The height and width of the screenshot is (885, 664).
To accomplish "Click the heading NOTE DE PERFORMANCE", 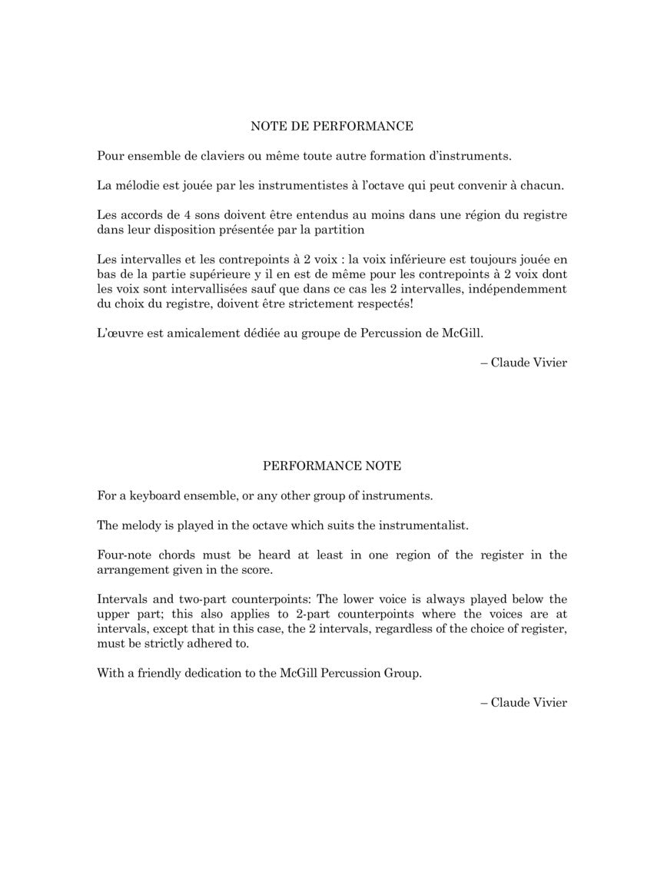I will click(x=332, y=126).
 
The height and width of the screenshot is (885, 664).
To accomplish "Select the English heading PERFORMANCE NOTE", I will click(x=332, y=466).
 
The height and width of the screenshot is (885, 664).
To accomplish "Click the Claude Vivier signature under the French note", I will click(x=529, y=363).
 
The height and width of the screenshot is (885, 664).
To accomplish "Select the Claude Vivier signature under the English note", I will click(x=529, y=702).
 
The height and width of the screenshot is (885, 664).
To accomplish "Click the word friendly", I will click(x=158, y=673).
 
